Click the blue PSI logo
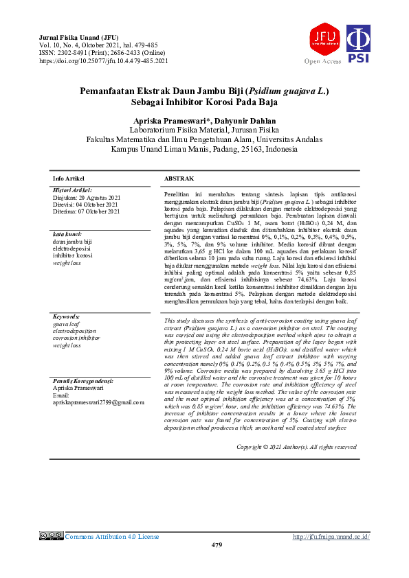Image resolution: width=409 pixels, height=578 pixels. tap(357, 45)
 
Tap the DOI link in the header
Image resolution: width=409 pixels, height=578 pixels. tap(104, 61)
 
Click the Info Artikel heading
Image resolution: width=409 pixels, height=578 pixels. tap(69, 178)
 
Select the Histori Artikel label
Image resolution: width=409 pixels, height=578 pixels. tap(72, 189)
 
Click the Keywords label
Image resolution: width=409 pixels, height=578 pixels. tap(67, 316)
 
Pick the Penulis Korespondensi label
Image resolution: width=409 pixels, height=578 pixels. tap(82, 380)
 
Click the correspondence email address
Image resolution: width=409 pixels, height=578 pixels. tap(98, 402)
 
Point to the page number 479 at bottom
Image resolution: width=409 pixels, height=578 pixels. tap(217, 544)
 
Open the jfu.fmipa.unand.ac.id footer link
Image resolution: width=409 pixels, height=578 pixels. tap(331, 536)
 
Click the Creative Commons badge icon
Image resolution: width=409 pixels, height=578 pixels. tap(52, 536)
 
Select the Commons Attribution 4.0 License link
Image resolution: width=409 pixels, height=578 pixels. tap(112, 536)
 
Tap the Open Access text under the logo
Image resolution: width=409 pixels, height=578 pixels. tap(322, 61)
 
